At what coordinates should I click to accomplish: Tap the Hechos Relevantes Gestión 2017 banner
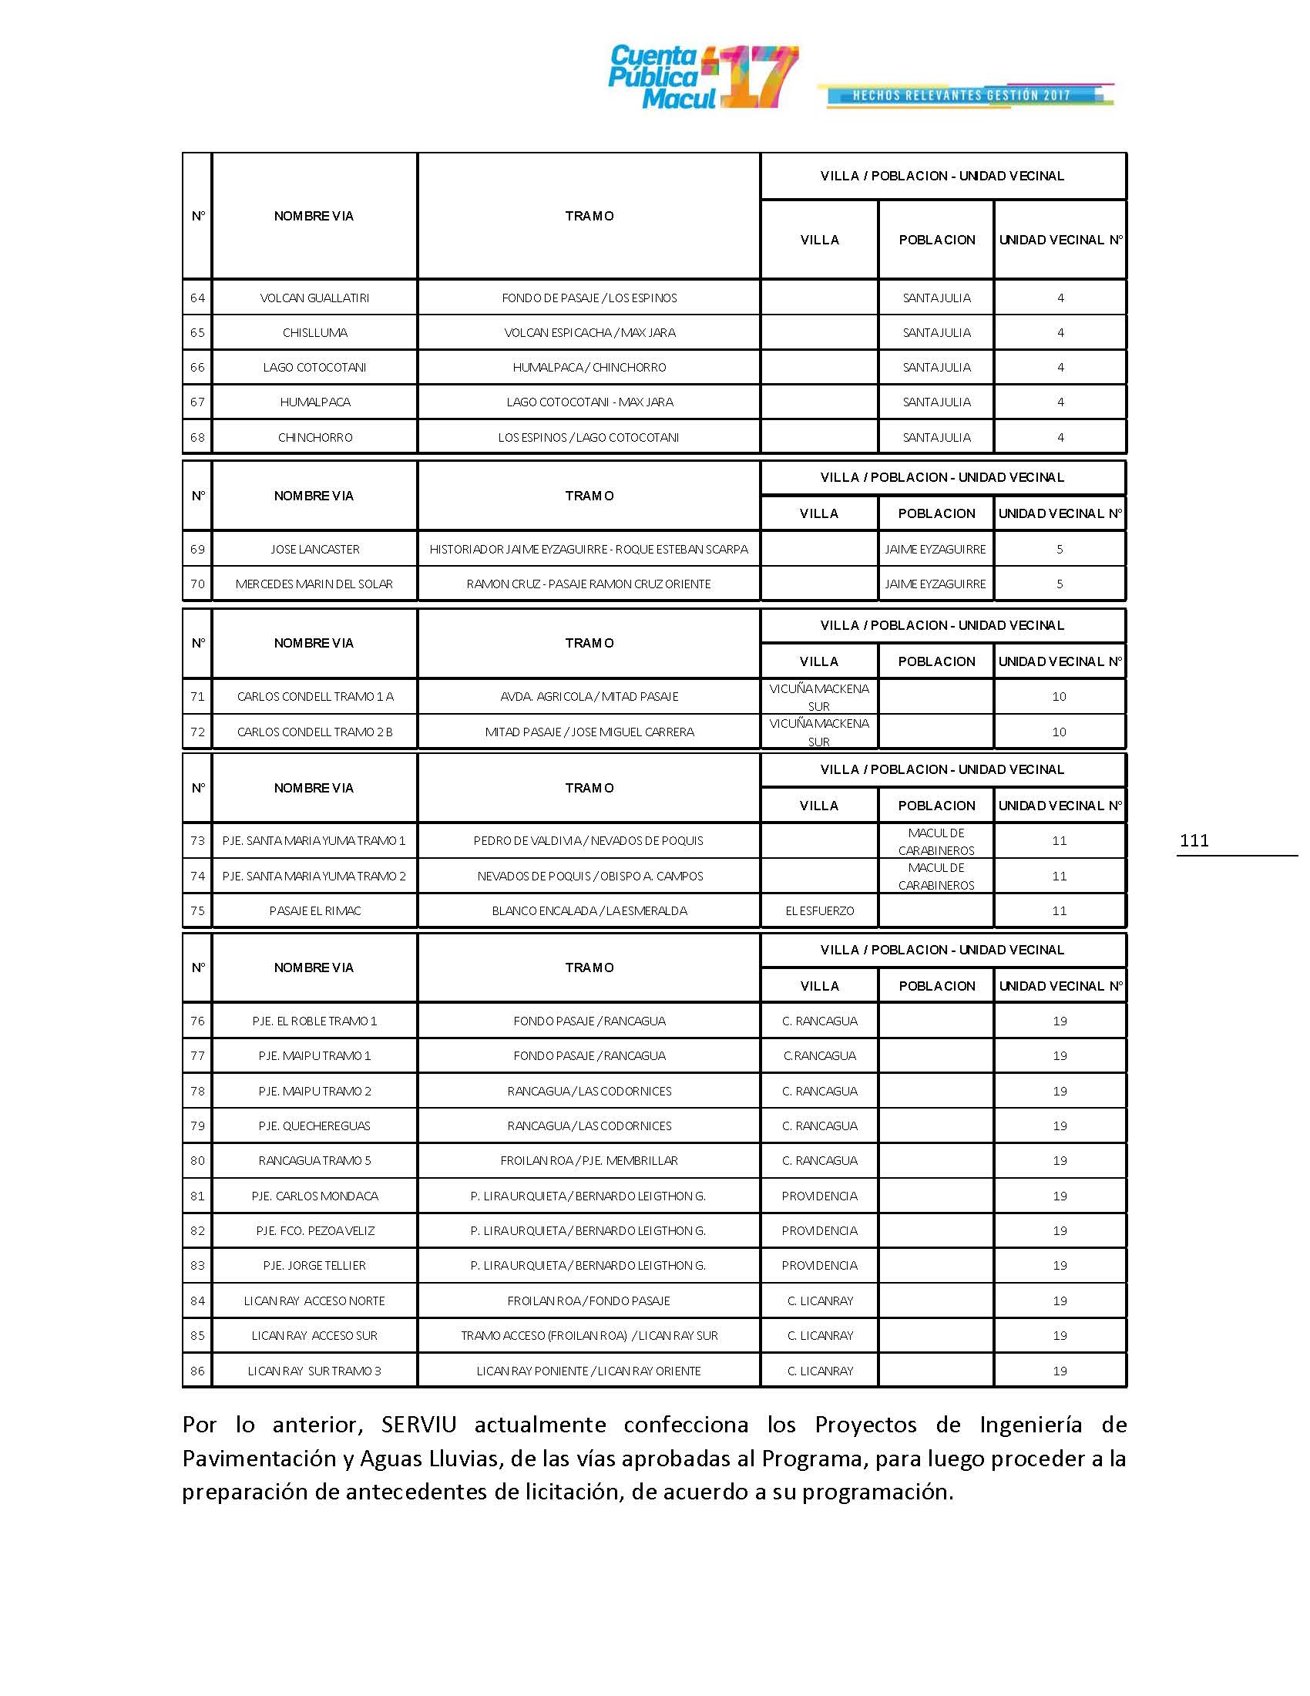tap(965, 96)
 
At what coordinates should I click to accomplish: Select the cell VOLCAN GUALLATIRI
tap(314, 298)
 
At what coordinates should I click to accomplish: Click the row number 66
tap(197, 367)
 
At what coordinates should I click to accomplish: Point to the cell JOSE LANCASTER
tap(314, 550)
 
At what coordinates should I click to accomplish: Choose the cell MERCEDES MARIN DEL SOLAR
tap(314, 584)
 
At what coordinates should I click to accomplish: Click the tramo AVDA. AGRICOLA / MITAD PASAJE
tap(589, 697)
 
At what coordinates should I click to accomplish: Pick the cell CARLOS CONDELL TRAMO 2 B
tap(314, 732)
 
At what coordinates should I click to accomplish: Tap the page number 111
tap(1194, 840)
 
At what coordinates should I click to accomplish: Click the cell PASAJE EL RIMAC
tap(314, 911)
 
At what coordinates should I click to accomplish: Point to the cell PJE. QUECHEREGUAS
tap(314, 1126)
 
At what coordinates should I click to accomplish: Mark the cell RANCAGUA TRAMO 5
tap(314, 1161)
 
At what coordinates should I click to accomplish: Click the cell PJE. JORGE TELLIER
tap(314, 1266)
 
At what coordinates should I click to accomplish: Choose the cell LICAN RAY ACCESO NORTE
tap(314, 1301)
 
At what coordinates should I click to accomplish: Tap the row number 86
tap(197, 1371)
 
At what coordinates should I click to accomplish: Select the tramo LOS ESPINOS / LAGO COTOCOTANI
tap(589, 438)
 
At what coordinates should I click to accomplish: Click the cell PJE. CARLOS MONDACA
tap(314, 1196)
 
